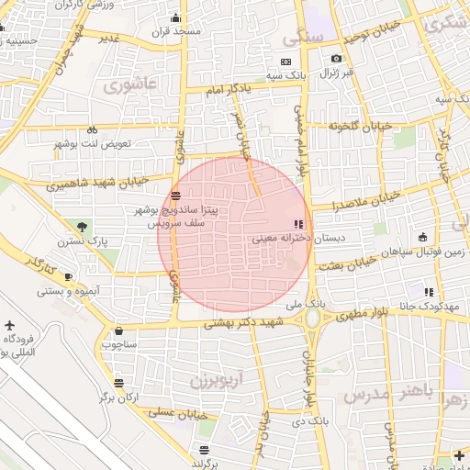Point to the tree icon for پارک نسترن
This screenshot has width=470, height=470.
tap(84, 226)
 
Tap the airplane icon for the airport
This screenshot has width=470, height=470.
tap(10, 326)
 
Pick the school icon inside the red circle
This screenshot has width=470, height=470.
tap(297, 223)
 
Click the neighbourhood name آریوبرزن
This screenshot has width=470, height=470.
tap(217, 377)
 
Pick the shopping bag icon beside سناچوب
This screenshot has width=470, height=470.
tap(119, 330)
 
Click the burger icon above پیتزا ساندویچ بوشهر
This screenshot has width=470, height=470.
tap(174, 196)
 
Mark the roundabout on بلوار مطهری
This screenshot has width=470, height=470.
tap(312, 319)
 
